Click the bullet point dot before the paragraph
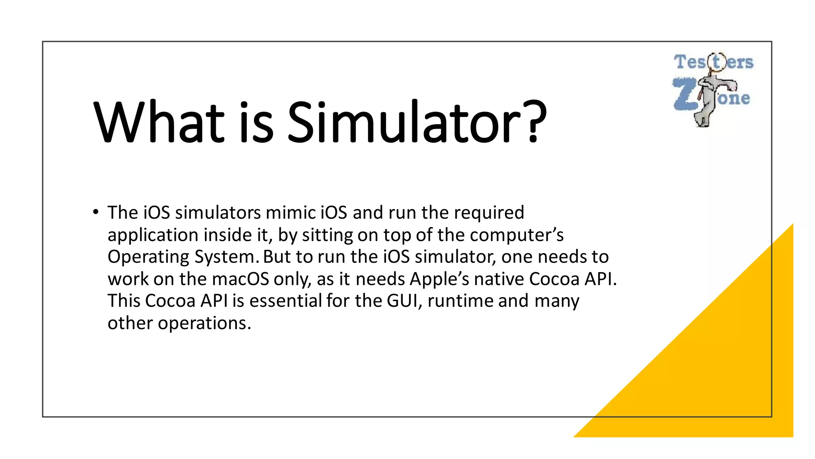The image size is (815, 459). tap(96, 212)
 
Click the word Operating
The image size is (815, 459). tap(148, 257)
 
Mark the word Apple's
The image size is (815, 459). tap(440, 279)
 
